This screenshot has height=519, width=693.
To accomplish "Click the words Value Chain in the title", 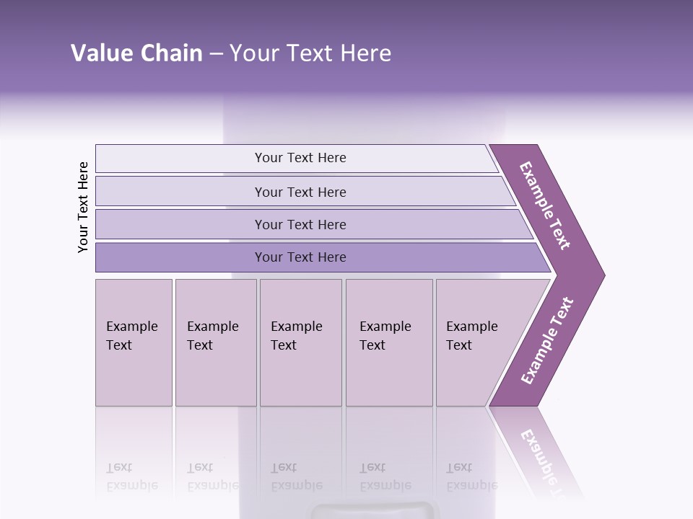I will [136, 53].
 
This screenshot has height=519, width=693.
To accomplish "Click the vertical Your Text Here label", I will [83, 207].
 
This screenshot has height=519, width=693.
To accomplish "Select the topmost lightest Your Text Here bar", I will [300, 158].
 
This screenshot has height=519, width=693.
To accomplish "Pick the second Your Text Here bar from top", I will [300, 192].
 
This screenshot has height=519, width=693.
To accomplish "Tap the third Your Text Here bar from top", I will [300, 224].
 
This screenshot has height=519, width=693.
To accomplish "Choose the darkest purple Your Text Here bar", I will [300, 257].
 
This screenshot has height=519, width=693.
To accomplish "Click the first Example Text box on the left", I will [134, 342].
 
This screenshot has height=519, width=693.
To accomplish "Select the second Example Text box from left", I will [216, 342].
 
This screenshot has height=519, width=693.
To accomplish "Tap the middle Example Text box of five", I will [300, 342].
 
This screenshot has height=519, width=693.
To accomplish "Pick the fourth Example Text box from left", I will [389, 342].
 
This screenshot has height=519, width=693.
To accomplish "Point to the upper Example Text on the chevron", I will [545, 205].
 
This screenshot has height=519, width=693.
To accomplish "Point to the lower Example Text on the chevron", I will [547, 340].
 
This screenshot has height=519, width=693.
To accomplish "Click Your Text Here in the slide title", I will [310, 53].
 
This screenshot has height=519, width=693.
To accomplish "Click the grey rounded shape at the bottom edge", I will [375, 511].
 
